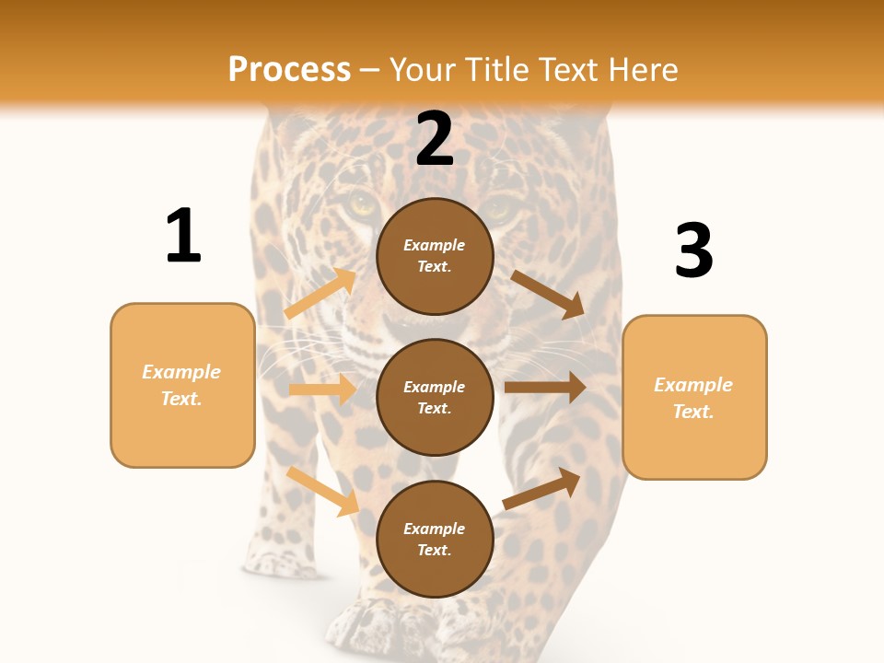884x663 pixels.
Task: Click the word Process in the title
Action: [289, 70]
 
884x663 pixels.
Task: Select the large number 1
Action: [183, 236]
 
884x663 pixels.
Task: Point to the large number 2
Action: [435, 139]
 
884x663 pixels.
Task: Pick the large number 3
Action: [694, 250]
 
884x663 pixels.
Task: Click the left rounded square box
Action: [182, 385]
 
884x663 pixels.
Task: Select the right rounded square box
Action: [694, 398]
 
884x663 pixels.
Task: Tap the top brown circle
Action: [435, 256]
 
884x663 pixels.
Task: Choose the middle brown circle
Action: [435, 398]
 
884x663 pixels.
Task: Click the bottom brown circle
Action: [435, 540]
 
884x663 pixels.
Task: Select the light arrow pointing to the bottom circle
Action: [322, 491]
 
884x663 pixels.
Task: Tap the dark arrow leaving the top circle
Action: [548, 295]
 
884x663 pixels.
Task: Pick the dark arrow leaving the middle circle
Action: [545, 388]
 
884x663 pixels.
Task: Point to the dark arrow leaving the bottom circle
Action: [541, 488]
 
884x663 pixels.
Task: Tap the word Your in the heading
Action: [424, 70]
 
